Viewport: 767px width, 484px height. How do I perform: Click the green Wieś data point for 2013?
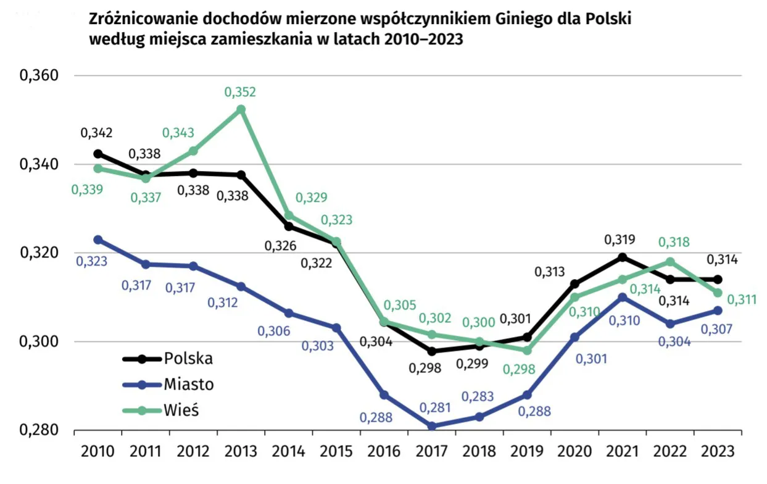click(x=241, y=110)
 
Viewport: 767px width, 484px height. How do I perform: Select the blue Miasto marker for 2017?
click(x=432, y=426)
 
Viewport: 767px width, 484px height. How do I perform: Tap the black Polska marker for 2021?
click(x=623, y=257)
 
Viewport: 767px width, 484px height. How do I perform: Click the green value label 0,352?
click(x=240, y=93)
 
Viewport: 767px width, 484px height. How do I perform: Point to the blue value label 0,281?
click(x=435, y=408)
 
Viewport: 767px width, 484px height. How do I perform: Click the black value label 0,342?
click(x=96, y=133)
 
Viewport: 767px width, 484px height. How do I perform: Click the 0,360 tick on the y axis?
click(x=39, y=76)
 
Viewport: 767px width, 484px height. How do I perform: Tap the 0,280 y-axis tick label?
click(x=39, y=430)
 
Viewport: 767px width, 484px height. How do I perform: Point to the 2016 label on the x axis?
click(x=384, y=451)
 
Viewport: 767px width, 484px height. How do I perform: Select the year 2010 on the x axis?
click(x=97, y=451)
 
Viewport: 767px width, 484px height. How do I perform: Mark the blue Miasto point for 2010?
click(x=97, y=240)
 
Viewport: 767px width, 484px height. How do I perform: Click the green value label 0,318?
click(x=674, y=243)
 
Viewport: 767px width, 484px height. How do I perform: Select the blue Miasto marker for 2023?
click(x=718, y=311)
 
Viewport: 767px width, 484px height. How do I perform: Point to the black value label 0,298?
click(x=425, y=369)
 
